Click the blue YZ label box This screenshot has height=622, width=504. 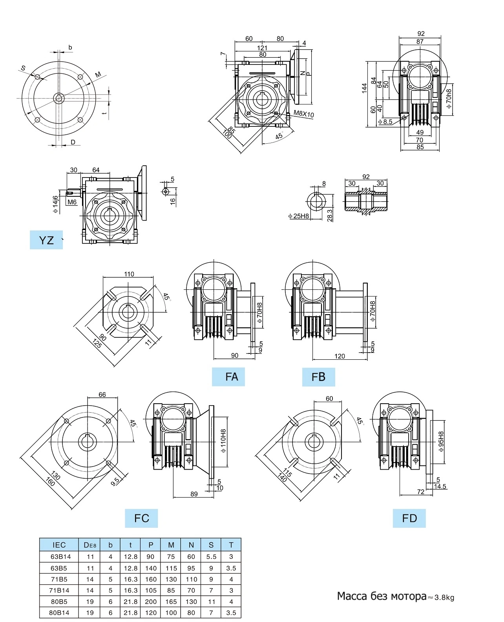(46, 240)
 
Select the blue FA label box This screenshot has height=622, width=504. (228, 377)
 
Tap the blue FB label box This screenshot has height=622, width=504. (318, 377)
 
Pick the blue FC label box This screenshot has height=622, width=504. (141, 518)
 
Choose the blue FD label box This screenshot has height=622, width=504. (409, 518)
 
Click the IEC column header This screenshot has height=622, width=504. (59, 545)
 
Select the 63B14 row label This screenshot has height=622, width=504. (61, 556)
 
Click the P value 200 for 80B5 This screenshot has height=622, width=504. (151, 602)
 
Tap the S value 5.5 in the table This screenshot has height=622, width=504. (211, 557)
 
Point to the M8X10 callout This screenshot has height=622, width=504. (303, 113)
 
